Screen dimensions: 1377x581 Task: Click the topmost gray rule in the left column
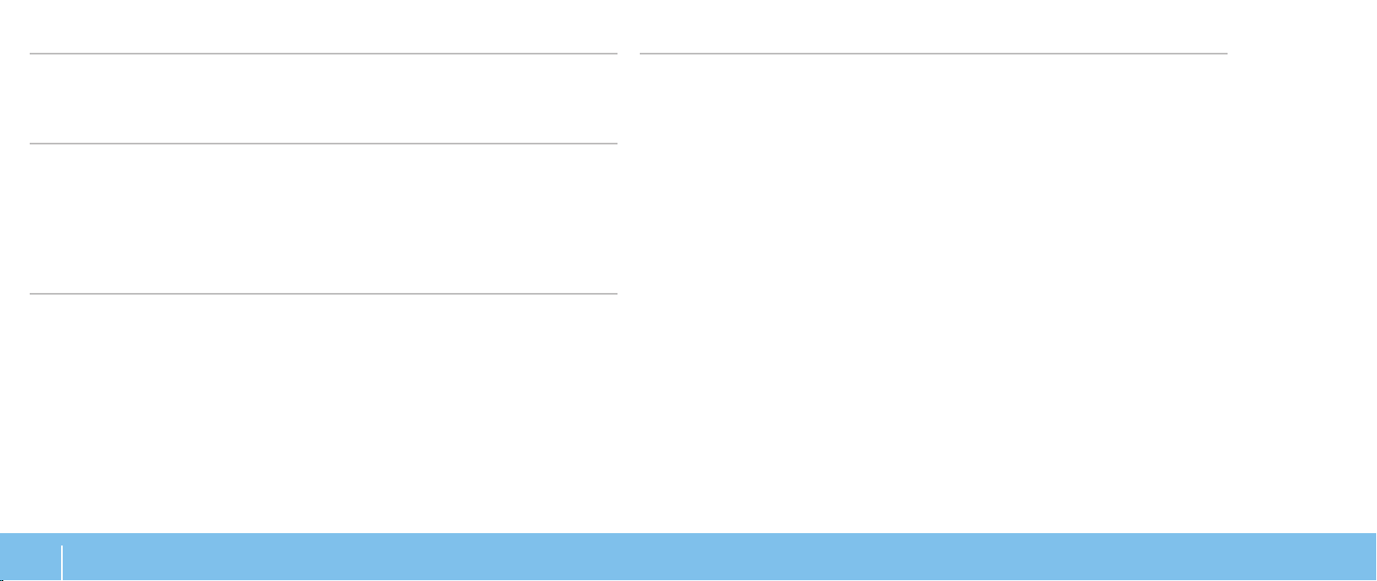(x=324, y=54)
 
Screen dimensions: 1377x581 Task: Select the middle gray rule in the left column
(x=324, y=144)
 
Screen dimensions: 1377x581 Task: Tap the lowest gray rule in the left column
(x=324, y=293)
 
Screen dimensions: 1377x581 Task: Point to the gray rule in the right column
(x=934, y=54)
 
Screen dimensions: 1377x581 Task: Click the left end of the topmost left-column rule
(x=31, y=54)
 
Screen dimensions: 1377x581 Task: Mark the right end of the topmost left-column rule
(x=616, y=54)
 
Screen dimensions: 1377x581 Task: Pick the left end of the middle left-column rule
(x=31, y=144)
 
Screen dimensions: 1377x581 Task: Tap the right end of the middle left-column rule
(x=616, y=144)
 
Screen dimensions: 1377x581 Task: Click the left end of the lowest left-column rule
(x=31, y=293)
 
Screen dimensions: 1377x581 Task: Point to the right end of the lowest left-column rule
(x=616, y=293)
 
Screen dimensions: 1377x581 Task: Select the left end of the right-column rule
(x=641, y=54)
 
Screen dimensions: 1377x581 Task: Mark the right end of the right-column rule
(x=1227, y=54)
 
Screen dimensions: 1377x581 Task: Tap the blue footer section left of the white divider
(x=31, y=557)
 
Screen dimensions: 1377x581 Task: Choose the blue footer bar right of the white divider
(x=718, y=557)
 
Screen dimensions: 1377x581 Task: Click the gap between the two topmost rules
(x=628, y=54)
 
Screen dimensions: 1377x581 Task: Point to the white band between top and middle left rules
(x=324, y=99)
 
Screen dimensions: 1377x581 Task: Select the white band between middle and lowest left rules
(x=324, y=219)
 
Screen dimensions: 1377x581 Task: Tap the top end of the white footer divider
(x=62, y=544)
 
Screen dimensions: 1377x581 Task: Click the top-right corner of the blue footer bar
(x=1375, y=535)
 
